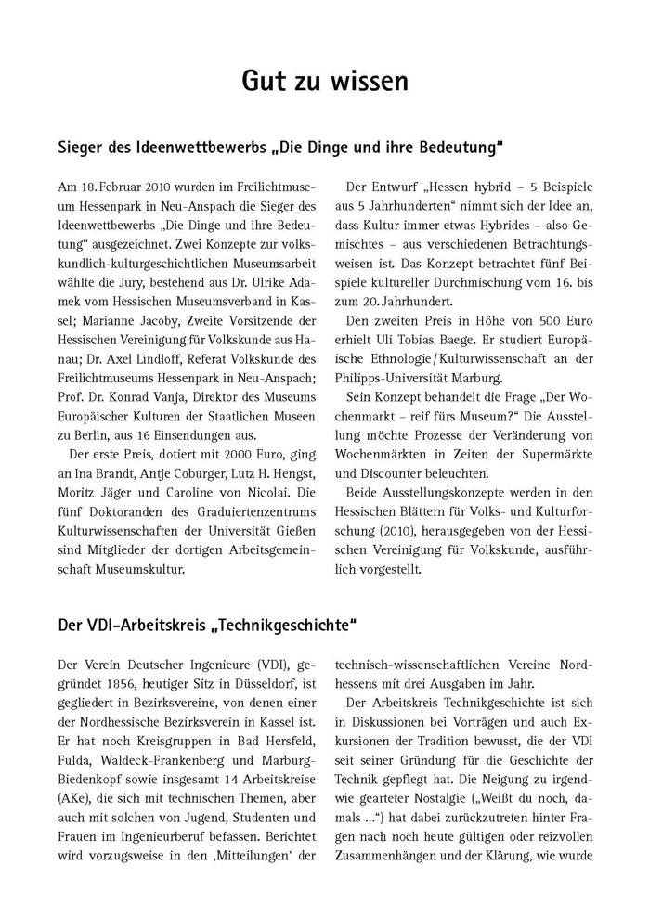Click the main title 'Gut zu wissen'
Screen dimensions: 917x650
324,82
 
